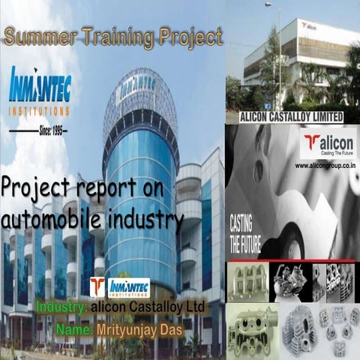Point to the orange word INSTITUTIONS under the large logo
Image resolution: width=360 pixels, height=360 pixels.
pyautogui.click(x=40, y=110)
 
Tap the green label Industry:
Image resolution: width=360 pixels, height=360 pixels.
pyautogui.click(x=61, y=307)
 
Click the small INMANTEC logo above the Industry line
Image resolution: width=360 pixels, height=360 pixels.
pyautogui.click(x=128, y=287)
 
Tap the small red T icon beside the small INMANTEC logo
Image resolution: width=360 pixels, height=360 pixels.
pyautogui.click(x=97, y=287)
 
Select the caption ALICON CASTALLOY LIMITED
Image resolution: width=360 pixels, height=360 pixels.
pyautogui.click(x=291, y=116)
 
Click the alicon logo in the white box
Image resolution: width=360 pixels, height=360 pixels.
pyautogui.click(x=328, y=144)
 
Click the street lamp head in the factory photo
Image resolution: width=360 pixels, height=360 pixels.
pyautogui.click(x=268, y=4)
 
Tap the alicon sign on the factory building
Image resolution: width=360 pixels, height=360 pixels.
pyautogui.click(x=308, y=25)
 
